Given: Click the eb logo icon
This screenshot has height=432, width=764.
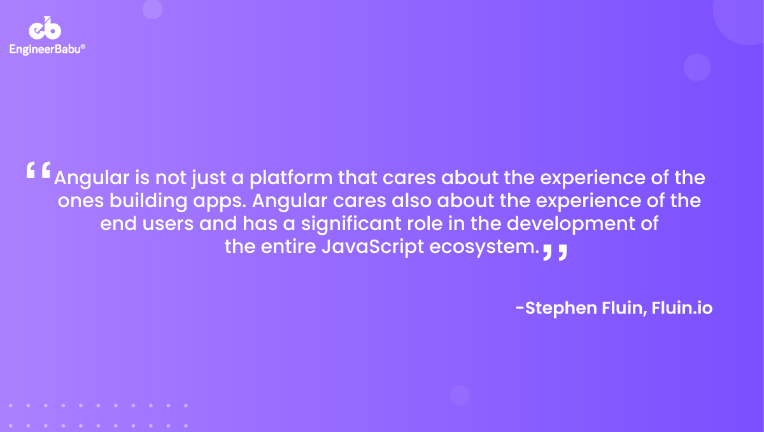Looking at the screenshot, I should tap(45, 29).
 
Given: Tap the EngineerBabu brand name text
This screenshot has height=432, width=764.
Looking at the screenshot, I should tap(47, 48).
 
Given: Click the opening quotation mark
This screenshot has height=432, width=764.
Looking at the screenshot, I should tap(38, 170).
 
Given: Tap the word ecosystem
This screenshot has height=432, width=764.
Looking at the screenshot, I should tap(480, 247).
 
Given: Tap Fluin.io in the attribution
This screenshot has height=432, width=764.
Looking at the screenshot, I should tap(682, 308).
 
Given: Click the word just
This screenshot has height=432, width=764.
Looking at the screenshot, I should tap(206, 177).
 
